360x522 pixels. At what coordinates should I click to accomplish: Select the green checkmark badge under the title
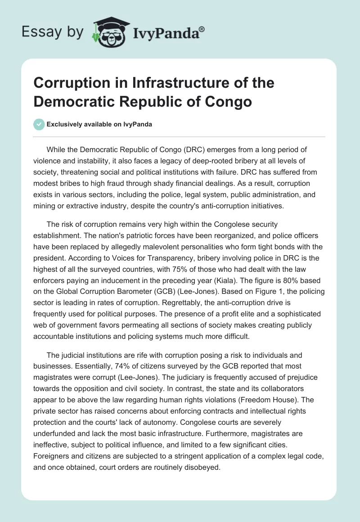[39, 124]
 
